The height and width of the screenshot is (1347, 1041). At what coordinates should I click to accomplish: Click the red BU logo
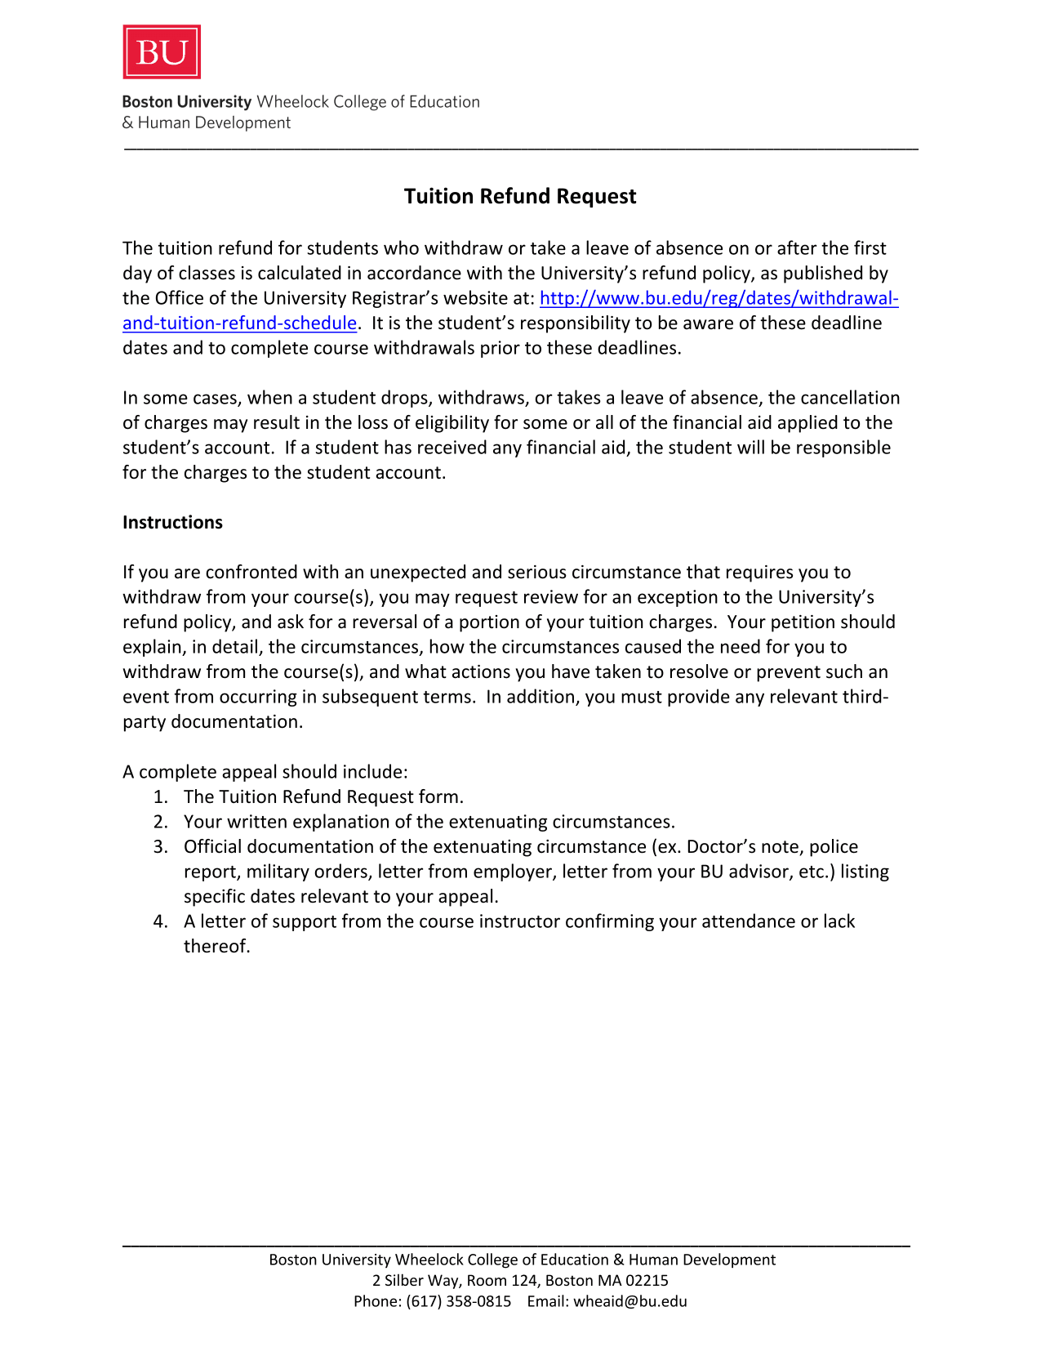pos(162,52)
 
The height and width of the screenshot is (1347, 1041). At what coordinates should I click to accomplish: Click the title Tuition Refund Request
pos(520,197)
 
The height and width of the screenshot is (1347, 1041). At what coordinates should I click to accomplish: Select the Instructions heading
pos(172,523)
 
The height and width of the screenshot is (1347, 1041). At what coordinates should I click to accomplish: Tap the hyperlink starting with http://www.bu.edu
pos(718,298)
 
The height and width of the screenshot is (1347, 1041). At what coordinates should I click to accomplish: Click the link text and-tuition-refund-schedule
pos(239,323)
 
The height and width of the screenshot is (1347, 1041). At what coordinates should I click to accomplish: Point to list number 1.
pos(160,797)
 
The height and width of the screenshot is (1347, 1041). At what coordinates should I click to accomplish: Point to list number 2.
pos(160,822)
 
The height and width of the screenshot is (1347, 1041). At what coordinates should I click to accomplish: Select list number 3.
pos(160,847)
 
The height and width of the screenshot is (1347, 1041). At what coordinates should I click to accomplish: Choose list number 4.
pos(160,921)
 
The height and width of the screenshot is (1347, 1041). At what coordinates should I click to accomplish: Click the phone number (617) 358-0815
pos(458,1301)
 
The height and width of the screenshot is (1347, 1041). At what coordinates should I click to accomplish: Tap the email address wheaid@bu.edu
pos(629,1301)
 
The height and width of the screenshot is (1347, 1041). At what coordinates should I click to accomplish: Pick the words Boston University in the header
pos(187,102)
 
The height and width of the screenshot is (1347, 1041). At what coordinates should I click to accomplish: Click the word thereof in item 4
pos(216,947)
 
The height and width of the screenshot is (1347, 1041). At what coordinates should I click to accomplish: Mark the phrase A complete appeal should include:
pos(265,772)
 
